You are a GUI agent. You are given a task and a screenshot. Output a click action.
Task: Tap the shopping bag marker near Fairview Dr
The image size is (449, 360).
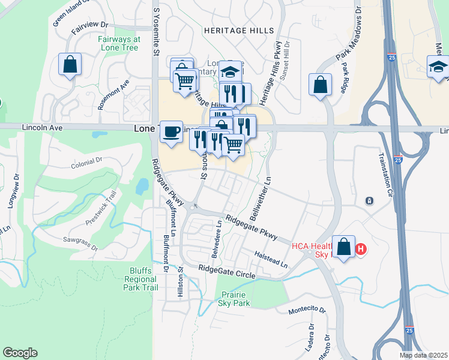pos(70,65)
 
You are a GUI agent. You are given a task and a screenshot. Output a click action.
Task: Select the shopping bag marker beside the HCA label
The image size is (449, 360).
pos(343,248)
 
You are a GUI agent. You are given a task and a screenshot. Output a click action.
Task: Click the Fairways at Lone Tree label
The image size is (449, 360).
pos(119,43)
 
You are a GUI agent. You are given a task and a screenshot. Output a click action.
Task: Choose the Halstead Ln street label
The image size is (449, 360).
pos(271,259)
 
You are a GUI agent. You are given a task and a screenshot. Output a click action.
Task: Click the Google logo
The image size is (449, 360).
pos(20,353)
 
